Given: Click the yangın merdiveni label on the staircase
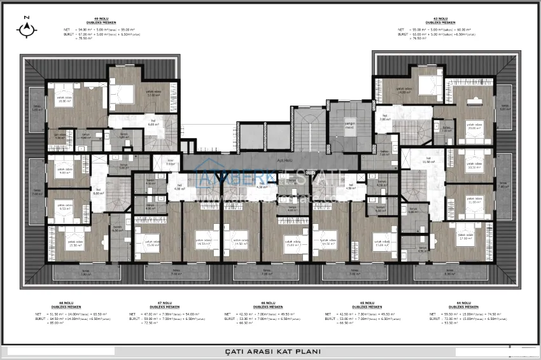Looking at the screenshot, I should [349, 126].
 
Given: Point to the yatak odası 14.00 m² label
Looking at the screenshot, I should [405, 90].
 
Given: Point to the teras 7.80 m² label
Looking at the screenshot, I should [502, 185].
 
